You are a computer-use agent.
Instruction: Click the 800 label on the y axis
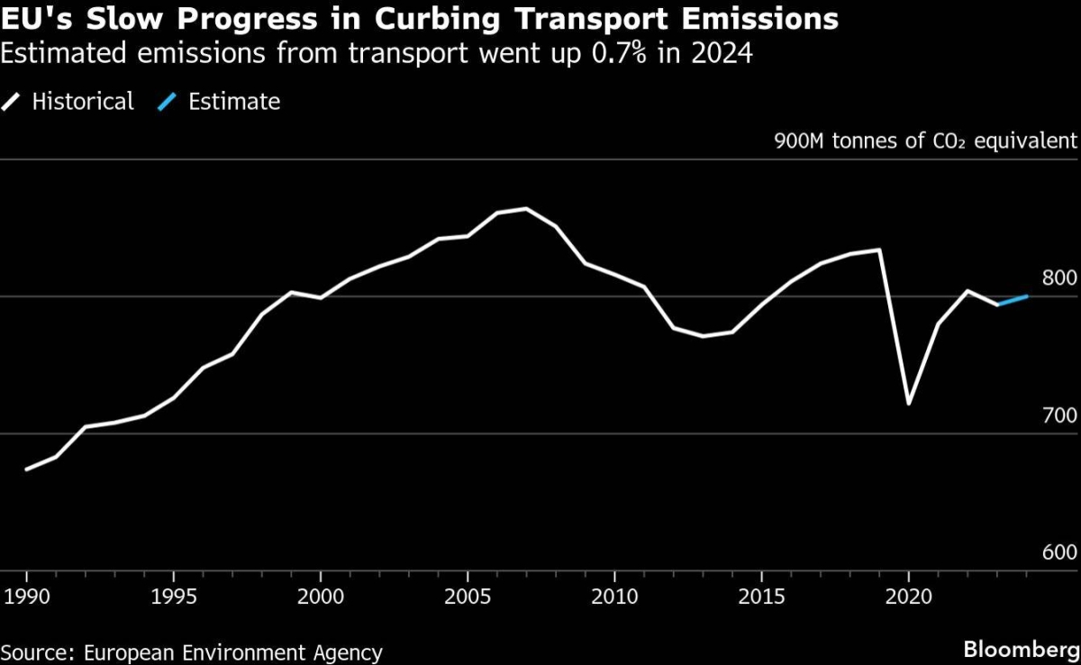pos(1059,278)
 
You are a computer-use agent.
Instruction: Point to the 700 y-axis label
pos(1059,415)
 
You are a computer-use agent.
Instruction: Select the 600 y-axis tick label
pos(1059,552)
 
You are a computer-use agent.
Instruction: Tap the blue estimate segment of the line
pos(1013,300)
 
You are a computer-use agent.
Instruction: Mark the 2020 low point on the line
pos(908,404)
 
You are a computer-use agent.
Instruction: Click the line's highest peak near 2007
pos(526,209)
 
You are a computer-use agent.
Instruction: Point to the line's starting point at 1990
pos(27,469)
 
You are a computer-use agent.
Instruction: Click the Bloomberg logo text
pos(1020,649)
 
